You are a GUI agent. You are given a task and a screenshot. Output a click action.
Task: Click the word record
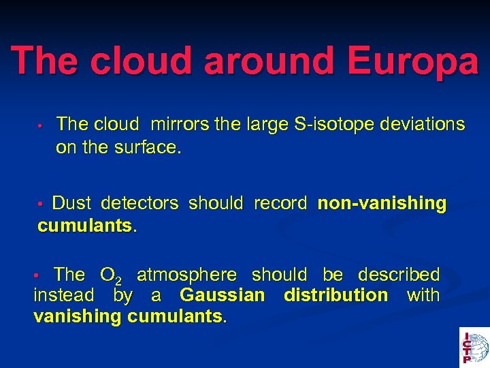coord(280,203)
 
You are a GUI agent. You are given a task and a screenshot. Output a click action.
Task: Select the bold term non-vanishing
coord(382,203)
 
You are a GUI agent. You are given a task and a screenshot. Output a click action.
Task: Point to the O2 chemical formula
coord(111,276)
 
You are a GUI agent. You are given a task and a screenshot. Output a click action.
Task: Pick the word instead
coord(64,296)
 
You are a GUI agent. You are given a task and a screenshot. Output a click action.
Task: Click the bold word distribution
coord(336,296)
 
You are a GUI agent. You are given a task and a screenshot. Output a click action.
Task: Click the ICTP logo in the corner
coord(474,347)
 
